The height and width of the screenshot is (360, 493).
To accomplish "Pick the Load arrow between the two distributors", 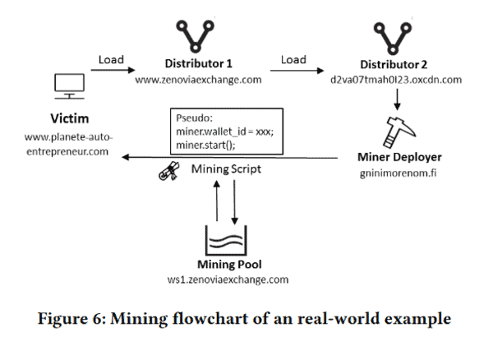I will pos(294,71).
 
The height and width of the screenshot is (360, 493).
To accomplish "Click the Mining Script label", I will pos(226,169).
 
